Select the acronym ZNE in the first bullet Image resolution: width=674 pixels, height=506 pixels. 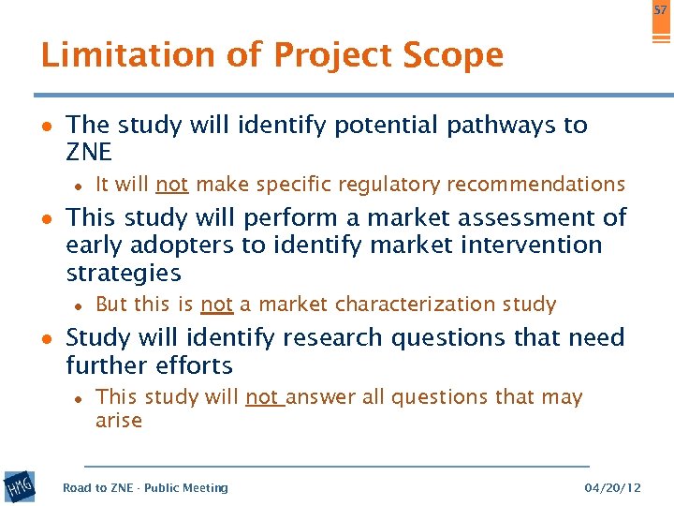click(x=89, y=153)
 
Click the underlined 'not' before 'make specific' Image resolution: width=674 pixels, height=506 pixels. click(x=172, y=184)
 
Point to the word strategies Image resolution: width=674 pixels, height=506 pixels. click(x=124, y=274)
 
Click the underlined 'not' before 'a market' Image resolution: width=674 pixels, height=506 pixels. click(x=216, y=305)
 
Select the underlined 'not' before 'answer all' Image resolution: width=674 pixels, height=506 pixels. click(x=263, y=397)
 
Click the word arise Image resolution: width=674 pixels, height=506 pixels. click(x=119, y=421)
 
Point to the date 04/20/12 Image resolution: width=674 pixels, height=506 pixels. click(x=612, y=487)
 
